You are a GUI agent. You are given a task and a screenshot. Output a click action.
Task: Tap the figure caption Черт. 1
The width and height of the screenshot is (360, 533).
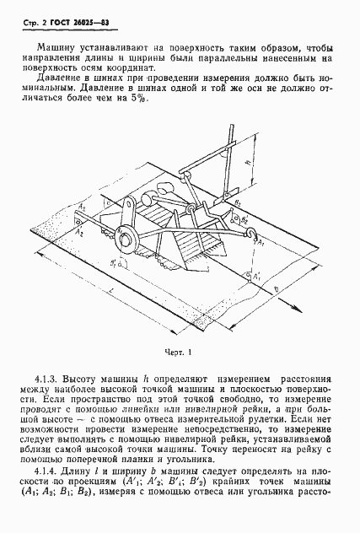click(179, 352)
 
